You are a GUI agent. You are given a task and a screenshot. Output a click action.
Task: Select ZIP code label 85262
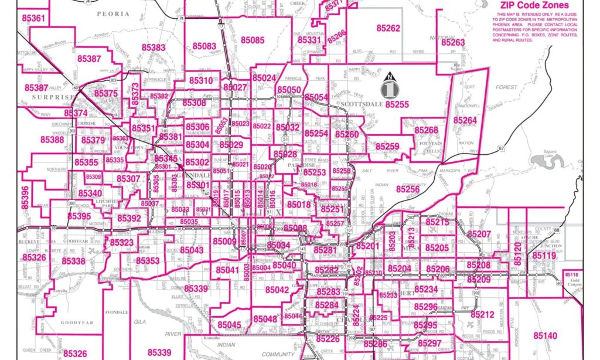[388, 28]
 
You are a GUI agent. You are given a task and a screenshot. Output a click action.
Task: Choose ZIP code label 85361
[33, 18]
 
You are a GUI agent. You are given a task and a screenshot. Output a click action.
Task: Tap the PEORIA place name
[112, 13]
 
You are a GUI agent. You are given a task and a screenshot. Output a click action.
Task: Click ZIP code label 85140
[545, 335]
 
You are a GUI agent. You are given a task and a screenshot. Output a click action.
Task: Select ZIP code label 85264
[465, 120]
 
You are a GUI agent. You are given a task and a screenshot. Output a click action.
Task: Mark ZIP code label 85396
[25, 198]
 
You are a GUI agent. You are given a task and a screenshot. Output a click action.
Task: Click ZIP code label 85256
[407, 189]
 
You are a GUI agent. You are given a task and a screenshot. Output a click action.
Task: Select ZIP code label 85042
[277, 290]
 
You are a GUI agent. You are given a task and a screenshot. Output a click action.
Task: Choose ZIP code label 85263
[453, 43]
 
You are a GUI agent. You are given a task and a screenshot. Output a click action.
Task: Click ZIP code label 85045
[229, 325]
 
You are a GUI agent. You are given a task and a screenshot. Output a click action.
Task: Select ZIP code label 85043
[192, 250]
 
